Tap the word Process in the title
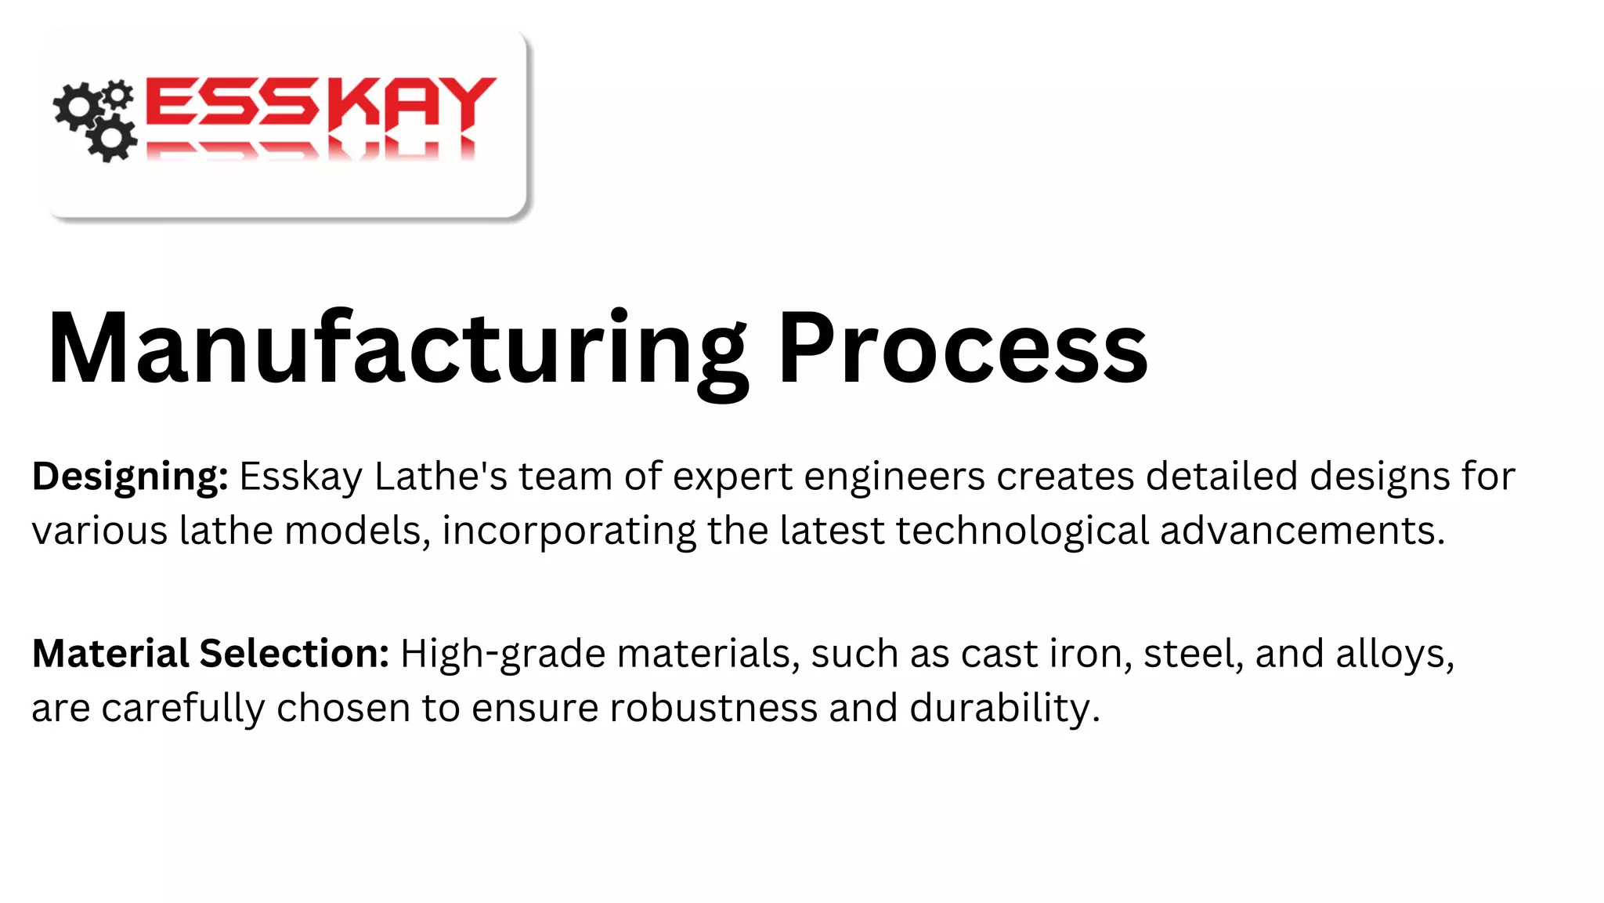point(963,349)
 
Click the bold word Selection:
point(294,654)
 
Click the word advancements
point(1302,531)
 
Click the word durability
point(1004,708)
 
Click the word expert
point(732,477)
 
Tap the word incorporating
point(569,531)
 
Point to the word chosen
point(343,708)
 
